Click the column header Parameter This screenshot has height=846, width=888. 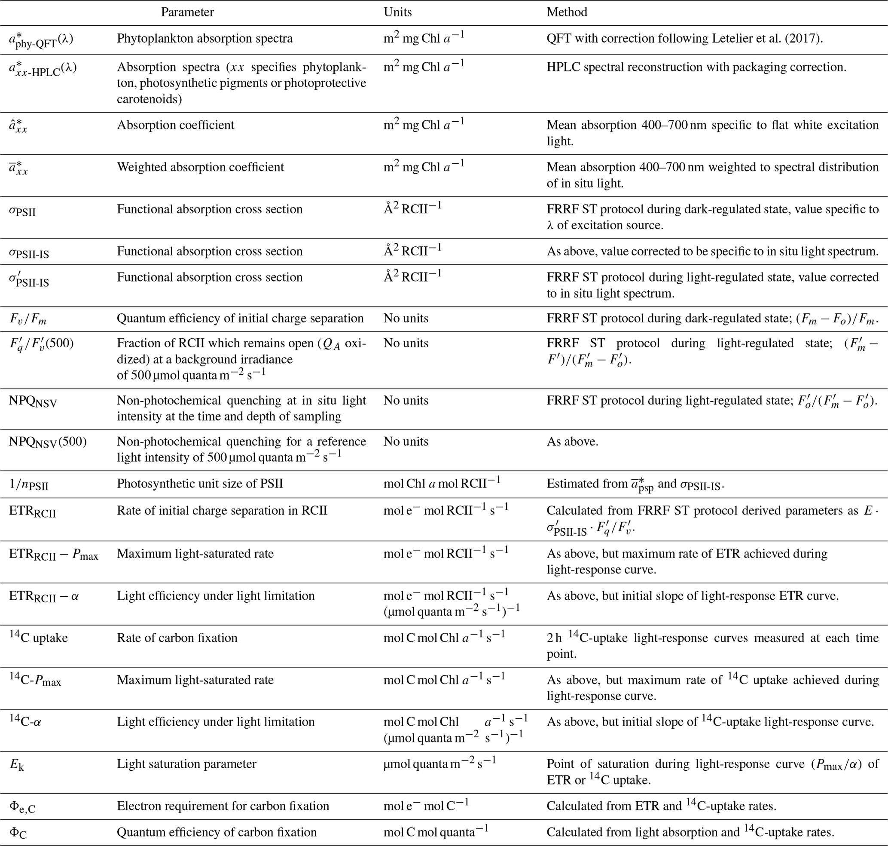(187, 12)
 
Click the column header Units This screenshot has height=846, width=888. (397, 12)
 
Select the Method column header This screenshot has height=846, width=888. (567, 12)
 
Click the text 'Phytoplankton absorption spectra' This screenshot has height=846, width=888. (204, 38)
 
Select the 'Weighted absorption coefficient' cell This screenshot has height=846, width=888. (200, 167)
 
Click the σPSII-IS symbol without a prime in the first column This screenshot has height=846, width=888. (29, 252)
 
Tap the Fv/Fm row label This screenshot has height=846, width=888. (28, 319)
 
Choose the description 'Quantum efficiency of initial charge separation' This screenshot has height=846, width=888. (240, 319)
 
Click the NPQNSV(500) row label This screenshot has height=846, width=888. (48, 441)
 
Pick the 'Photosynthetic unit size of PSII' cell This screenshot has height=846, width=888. (200, 484)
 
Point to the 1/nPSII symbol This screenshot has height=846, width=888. (28, 484)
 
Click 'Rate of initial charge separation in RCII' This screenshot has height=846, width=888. (222, 511)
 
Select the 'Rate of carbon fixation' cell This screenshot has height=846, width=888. (177, 638)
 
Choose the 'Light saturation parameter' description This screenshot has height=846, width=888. (186, 763)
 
